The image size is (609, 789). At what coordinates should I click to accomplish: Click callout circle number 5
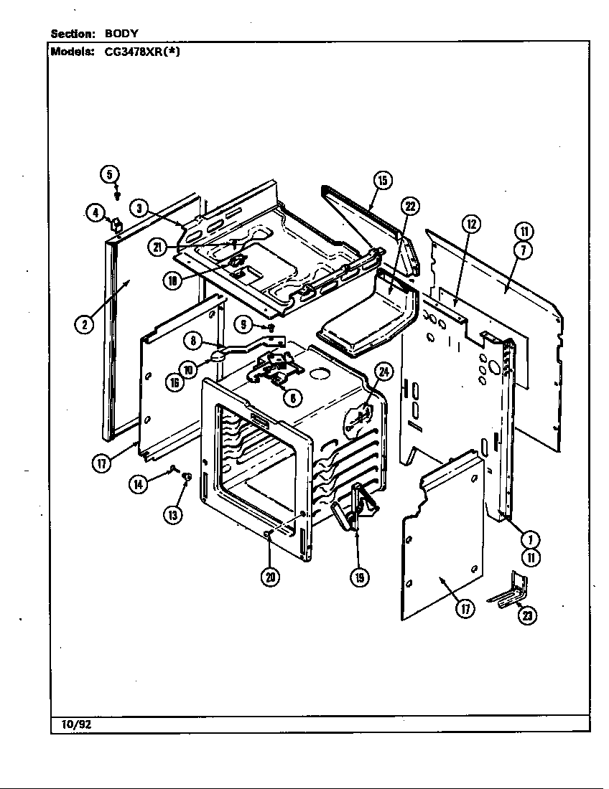click(109, 174)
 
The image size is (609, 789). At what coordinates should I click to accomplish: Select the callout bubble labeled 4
click(94, 212)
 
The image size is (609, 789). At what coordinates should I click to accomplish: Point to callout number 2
click(84, 323)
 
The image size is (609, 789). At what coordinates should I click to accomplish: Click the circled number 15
click(382, 181)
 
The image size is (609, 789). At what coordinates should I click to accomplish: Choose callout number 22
click(409, 207)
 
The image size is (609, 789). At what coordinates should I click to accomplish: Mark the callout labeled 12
click(470, 224)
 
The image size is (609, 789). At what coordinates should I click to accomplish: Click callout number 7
click(524, 250)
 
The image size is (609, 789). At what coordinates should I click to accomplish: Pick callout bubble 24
click(384, 372)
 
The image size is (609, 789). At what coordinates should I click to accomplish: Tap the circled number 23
click(529, 615)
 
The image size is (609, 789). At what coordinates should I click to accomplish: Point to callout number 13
click(172, 514)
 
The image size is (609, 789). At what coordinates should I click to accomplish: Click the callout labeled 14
click(137, 485)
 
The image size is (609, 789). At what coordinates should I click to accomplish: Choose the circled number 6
click(292, 397)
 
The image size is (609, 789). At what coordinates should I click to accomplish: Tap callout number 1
click(529, 540)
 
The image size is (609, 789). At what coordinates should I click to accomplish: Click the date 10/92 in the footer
click(72, 724)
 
